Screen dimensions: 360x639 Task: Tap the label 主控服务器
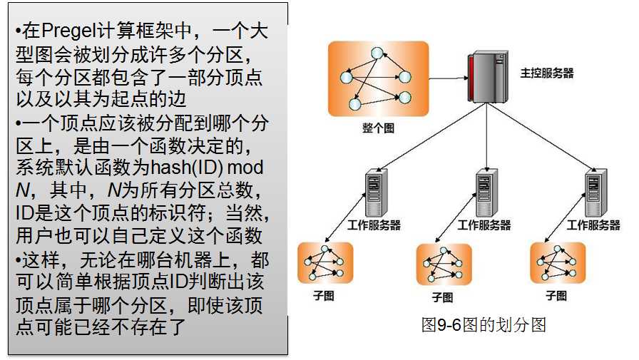547,73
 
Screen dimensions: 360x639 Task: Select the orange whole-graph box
378,79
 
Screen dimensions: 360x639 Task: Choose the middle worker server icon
486,193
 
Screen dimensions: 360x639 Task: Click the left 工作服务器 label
374,225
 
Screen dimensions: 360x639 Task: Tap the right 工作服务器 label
593,225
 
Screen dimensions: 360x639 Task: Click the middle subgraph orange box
444,264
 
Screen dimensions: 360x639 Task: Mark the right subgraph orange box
557,263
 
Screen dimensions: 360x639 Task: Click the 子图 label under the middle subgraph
442,297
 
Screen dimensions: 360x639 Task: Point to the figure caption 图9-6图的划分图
484,326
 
